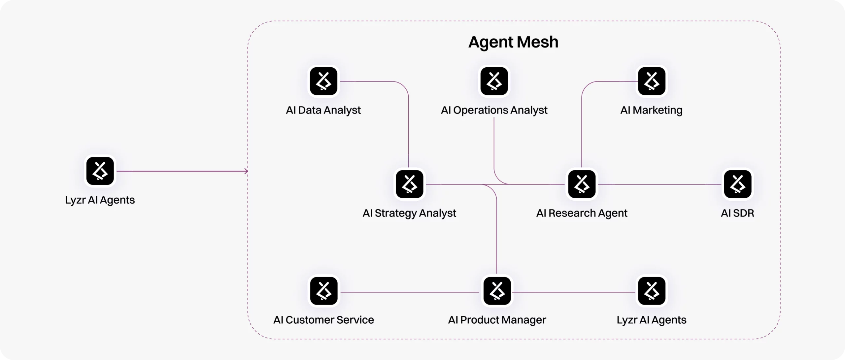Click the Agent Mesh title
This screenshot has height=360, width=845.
[x=513, y=42]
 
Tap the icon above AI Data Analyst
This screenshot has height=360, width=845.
[x=323, y=81]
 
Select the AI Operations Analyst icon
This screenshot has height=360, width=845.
[x=494, y=81]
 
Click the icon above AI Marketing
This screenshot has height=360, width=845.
[x=652, y=81]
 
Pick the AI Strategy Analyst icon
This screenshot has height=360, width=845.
[x=410, y=184]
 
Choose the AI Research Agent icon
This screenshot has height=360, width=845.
[x=582, y=184]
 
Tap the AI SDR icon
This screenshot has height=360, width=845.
[x=738, y=184]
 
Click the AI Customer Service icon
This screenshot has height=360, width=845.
[x=324, y=291]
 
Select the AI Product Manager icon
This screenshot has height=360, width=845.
[x=497, y=291]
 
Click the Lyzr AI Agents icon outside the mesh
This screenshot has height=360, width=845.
[x=100, y=171]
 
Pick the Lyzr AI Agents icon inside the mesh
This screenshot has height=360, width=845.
[x=652, y=291]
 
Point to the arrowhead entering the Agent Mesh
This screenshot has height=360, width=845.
[x=246, y=171]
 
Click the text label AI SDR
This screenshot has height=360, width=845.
[x=737, y=213]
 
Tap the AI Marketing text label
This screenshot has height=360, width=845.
[x=651, y=110]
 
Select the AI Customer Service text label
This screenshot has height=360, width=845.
[x=323, y=320]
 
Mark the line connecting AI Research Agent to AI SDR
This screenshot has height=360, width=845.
[x=660, y=184]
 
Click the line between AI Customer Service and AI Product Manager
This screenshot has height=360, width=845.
[x=409, y=292]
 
